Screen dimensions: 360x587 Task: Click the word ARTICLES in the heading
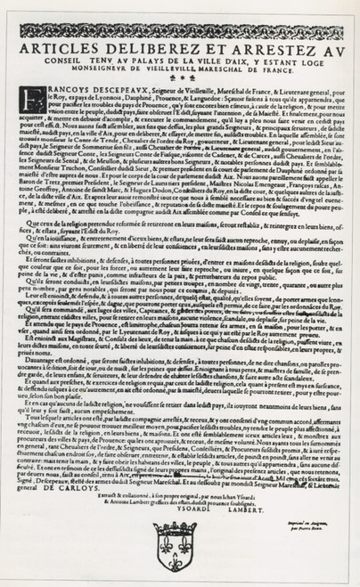click(61, 51)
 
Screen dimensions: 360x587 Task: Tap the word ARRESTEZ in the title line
click(255, 51)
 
